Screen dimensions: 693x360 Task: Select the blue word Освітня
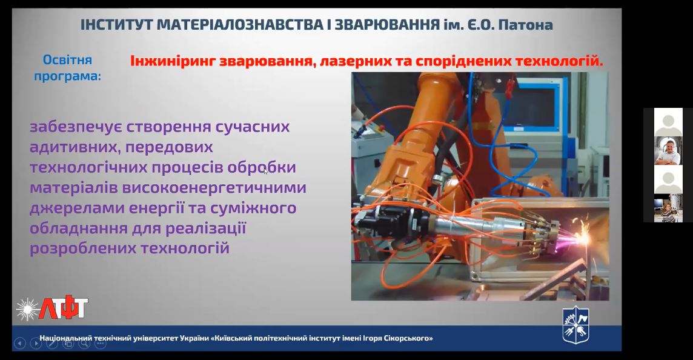(x=67, y=60)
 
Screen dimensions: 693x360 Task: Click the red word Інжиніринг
(x=173, y=61)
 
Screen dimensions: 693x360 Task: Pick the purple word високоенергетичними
(x=214, y=187)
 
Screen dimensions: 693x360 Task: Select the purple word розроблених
(x=82, y=248)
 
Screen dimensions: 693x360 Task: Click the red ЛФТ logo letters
(x=63, y=307)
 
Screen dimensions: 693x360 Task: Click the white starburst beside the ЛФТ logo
(x=27, y=309)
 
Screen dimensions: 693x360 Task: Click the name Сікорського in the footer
(x=409, y=338)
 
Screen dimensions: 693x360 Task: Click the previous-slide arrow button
(x=20, y=343)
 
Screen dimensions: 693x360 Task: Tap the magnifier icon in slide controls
(x=84, y=343)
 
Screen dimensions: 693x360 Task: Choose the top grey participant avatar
(x=668, y=122)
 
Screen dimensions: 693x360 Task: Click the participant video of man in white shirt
(x=668, y=150)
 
